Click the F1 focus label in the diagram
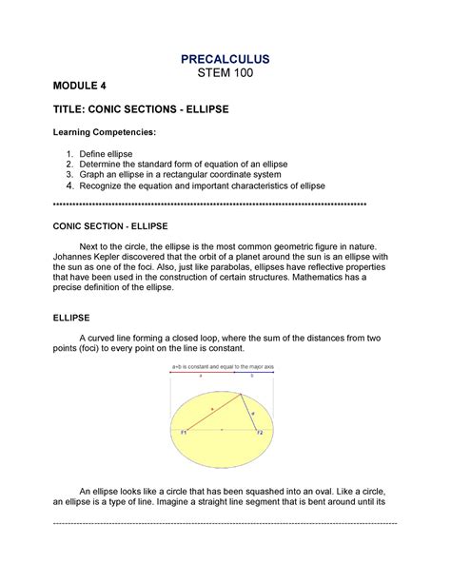point(184,432)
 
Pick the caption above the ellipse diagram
point(222,366)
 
